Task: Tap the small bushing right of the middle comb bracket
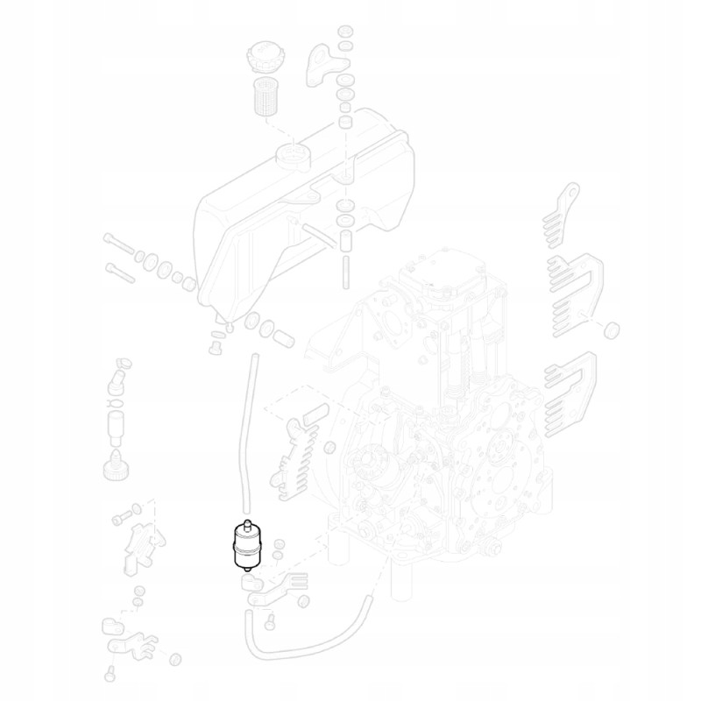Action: [x=613, y=329]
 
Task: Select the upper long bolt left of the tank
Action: [x=118, y=244]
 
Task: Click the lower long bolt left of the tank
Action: [x=121, y=272]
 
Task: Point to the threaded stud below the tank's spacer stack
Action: [x=345, y=267]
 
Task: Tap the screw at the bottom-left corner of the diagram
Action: [x=110, y=675]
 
